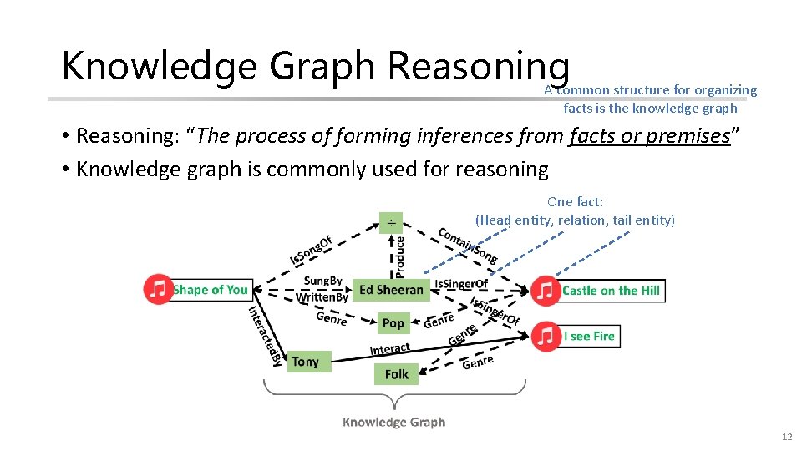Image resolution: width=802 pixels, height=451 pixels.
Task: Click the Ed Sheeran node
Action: [x=392, y=290]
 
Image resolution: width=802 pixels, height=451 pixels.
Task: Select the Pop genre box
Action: [x=393, y=322]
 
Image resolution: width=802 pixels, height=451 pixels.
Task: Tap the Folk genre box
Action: [x=397, y=374]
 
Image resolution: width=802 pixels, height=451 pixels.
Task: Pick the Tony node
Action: [x=306, y=362]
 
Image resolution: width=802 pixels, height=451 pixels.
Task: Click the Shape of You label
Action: [x=211, y=290]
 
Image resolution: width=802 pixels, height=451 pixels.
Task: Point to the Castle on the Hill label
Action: [x=611, y=291]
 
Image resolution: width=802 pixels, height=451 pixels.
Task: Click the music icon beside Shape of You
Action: [x=158, y=289]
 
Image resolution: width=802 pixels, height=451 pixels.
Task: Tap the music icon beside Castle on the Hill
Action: [x=546, y=291]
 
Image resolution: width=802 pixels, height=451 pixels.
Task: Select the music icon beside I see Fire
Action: [x=546, y=336]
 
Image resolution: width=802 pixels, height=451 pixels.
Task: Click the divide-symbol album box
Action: [x=390, y=222]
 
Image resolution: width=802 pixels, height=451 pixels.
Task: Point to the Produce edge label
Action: [x=400, y=256]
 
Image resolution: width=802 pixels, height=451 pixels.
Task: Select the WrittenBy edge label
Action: [x=322, y=297]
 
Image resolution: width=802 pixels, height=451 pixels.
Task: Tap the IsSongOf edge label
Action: [x=311, y=248]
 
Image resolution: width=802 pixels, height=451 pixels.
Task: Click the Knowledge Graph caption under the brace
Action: [x=393, y=422]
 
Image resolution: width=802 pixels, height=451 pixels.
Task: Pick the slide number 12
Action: [x=786, y=438]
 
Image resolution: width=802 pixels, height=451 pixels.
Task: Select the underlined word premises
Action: [x=689, y=135]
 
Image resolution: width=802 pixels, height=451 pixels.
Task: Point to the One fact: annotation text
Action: [x=575, y=201]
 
